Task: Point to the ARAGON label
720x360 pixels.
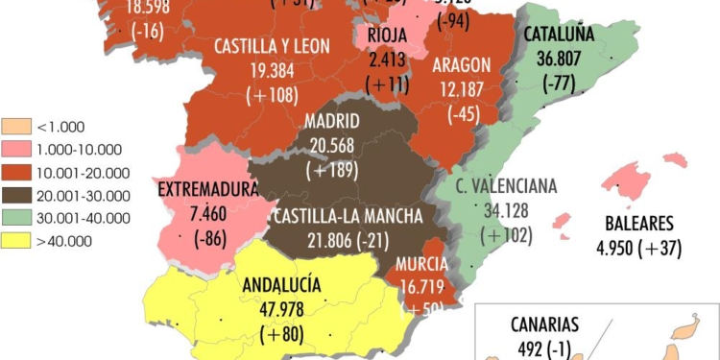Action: [x=462, y=64]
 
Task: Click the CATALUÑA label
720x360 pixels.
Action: [x=560, y=35]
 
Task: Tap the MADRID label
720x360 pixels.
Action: [x=332, y=122]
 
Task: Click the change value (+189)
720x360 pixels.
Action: [x=332, y=170]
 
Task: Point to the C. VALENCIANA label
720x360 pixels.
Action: [x=506, y=185]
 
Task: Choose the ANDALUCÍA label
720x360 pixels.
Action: [x=281, y=284]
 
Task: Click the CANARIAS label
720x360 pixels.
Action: [x=545, y=324]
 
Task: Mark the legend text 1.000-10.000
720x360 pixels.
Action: [x=78, y=149]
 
